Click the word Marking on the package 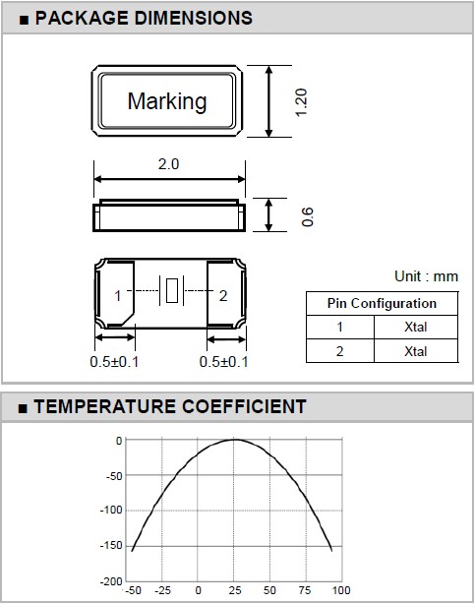pyautogui.click(x=167, y=101)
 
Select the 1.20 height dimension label pyautogui.click(x=301, y=102)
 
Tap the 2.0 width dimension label pyautogui.click(x=168, y=164)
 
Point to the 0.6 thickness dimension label pyautogui.click(x=308, y=216)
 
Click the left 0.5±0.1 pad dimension pyautogui.click(x=114, y=362)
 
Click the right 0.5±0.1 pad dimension pyautogui.click(x=224, y=362)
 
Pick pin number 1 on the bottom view pyautogui.click(x=118, y=296)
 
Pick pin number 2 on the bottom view pyautogui.click(x=223, y=296)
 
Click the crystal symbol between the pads pyautogui.click(x=172, y=290)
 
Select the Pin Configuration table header pyautogui.click(x=382, y=304)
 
